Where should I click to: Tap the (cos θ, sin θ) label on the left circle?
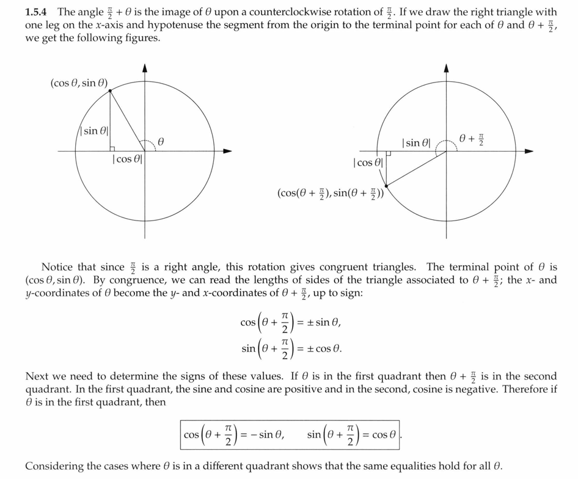coord(79,83)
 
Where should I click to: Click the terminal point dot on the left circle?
coord(110,91)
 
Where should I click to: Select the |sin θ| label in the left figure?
coord(95,131)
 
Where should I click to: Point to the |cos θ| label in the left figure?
coord(127,159)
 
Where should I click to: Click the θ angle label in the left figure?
coord(161,141)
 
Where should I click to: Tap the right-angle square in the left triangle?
coord(112,148)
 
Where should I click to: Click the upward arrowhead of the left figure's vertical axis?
coord(145,67)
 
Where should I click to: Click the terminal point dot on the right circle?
coord(387,186)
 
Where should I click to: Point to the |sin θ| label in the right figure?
coord(417,142)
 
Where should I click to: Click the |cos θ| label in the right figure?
coord(368,163)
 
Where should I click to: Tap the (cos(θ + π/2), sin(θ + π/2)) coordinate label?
coord(331,194)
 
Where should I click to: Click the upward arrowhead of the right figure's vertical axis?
coord(446,67)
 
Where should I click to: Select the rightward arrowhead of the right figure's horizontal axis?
coord(529,151)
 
